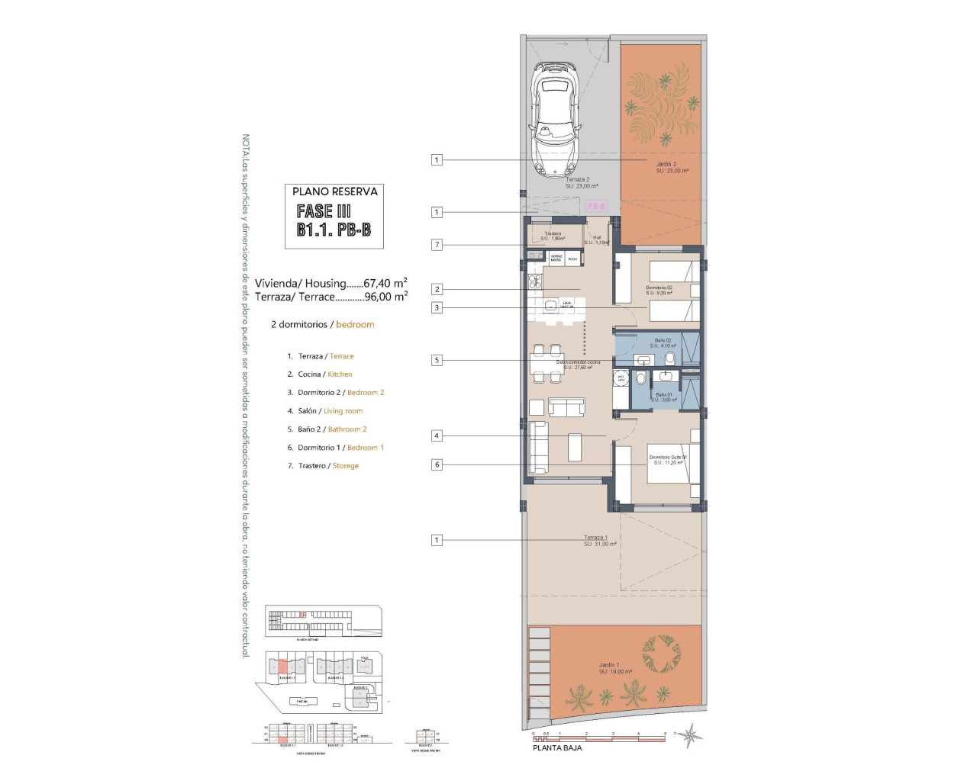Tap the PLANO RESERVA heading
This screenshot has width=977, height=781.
point(334,191)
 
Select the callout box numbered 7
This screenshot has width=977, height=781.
point(437,245)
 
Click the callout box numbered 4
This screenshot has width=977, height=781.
point(437,435)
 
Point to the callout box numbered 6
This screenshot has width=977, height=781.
point(437,464)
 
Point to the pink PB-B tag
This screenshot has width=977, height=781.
point(596,206)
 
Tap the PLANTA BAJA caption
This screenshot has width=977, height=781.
point(557,748)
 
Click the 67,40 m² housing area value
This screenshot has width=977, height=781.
point(385,283)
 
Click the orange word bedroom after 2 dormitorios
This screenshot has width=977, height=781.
point(355,324)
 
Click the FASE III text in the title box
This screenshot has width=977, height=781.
point(324,211)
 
